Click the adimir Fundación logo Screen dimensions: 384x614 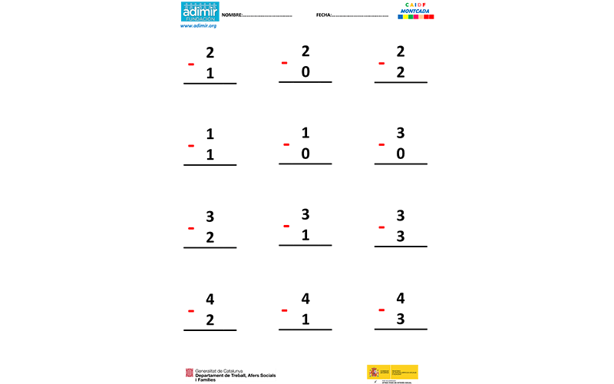pos(200,12)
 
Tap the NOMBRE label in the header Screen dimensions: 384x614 pos(233,15)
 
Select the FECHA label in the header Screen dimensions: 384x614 pos(323,15)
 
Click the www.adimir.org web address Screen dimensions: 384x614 pos(199,26)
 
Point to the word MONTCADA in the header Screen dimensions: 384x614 pos(415,11)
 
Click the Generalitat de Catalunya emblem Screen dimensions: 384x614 pos(188,373)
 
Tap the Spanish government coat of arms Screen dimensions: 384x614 pos(373,372)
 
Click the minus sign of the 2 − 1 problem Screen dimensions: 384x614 pos(191,65)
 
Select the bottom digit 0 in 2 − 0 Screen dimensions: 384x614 pos(305,72)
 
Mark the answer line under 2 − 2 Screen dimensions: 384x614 pos(401,82)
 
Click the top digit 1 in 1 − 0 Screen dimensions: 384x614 pos(305,133)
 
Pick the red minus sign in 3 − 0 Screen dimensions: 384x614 pos(381,144)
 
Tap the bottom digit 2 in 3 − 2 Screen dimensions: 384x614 pos(210,237)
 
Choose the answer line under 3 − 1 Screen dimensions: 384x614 pos(305,246)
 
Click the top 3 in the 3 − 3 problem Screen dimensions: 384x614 pos(401,216)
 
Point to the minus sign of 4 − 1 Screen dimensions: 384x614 pos(285,310)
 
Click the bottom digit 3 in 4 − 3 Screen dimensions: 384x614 pos(401,319)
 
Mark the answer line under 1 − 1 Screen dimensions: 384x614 pos(210,165)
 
